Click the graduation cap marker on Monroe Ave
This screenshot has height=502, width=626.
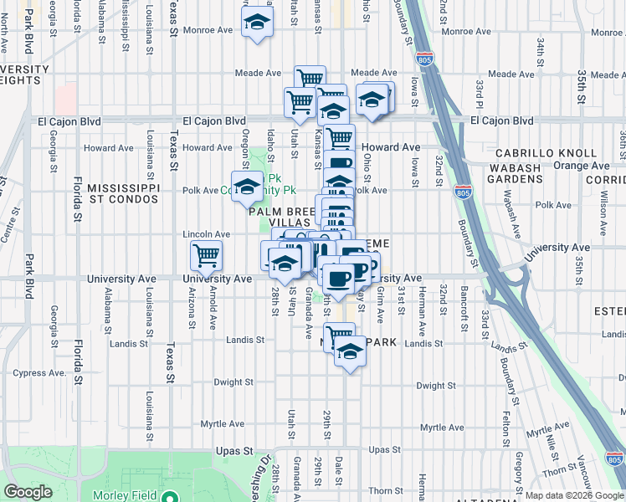point(257,23)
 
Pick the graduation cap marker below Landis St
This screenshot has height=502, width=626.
point(351,352)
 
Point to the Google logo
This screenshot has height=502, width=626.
point(28,492)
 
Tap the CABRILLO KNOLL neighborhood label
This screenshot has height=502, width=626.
point(546,154)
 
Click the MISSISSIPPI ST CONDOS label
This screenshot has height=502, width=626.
point(123,194)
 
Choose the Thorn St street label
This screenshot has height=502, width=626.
point(385,491)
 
